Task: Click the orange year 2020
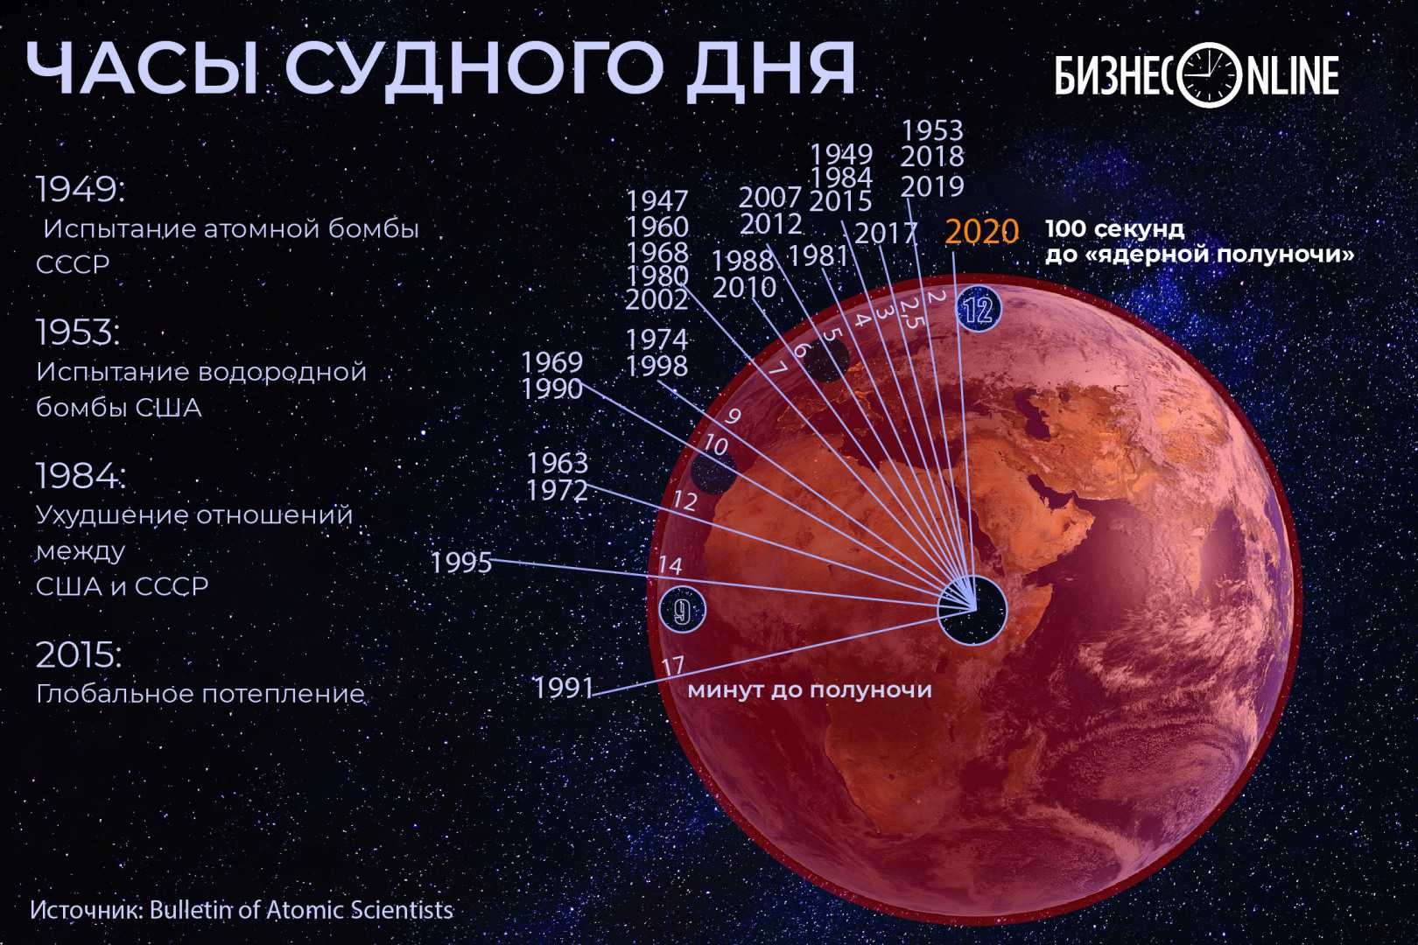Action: tap(982, 232)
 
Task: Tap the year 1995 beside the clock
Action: tap(461, 563)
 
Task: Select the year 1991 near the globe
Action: tap(564, 688)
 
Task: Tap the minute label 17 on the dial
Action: tap(674, 665)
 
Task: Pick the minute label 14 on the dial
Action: tap(670, 564)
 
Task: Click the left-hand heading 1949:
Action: tap(80, 189)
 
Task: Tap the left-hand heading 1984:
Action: tap(80, 476)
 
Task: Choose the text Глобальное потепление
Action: tap(200, 694)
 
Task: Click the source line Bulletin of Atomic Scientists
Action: tap(301, 909)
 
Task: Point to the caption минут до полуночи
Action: tap(810, 689)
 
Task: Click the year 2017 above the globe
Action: tap(886, 234)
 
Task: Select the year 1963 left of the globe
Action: tap(558, 464)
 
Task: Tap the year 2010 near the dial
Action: tap(744, 288)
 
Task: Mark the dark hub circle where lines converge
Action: tap(972, 610)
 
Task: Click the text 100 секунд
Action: tap(1114, 228)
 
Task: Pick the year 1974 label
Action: tap(656, 339)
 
